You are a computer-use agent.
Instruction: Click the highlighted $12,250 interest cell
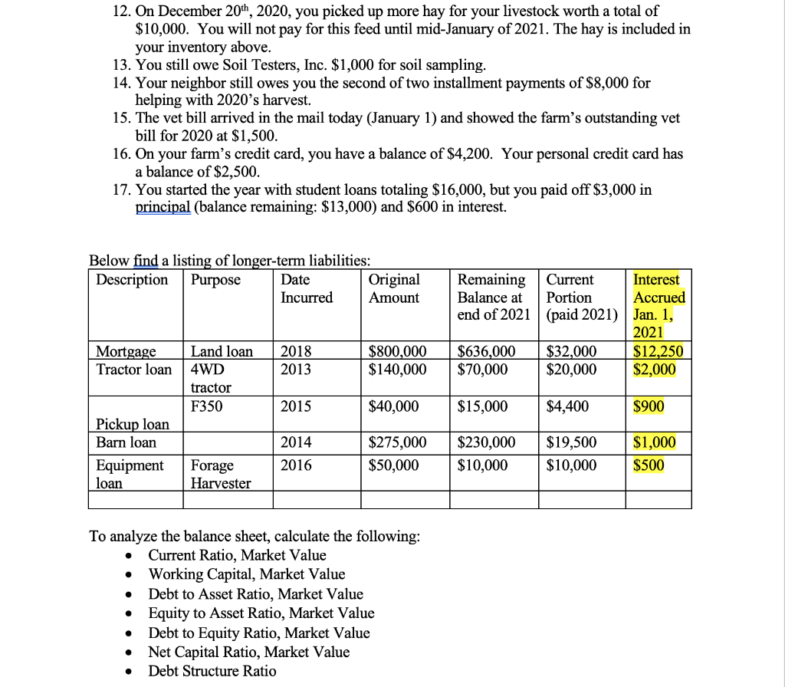(x=659, y=351)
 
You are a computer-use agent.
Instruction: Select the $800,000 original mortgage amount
(x=397, y=351)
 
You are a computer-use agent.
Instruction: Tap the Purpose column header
(x=215, y=280)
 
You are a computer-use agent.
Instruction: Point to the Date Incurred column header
(x=307, y=288)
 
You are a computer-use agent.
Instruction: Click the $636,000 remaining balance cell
(x=486, y=351)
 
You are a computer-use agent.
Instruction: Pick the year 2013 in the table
(x=296, y=370)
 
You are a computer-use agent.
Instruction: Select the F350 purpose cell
(x=207, y=406)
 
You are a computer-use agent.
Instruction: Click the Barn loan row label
(x=126, y=442)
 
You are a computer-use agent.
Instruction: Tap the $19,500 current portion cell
(x=571, y=442)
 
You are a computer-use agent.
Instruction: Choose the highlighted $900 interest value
(x=649, y=406)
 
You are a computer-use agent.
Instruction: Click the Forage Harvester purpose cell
(x=220, y=474)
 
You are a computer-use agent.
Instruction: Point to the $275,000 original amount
(x=397, y=442)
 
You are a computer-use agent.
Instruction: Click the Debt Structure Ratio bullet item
(x=212, y=671)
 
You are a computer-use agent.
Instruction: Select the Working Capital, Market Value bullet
(x=246, y=574)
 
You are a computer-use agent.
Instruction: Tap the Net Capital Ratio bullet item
(x=248, y=652)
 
